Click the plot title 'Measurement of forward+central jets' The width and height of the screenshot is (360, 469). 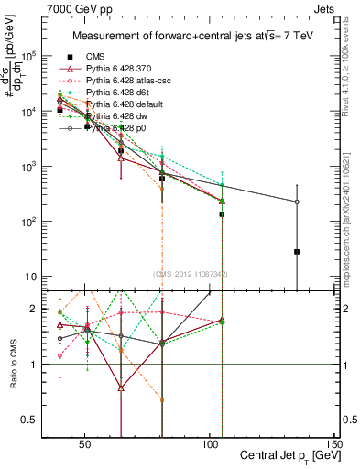(187, 37)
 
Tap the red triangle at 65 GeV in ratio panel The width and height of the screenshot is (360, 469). (121, 388)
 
